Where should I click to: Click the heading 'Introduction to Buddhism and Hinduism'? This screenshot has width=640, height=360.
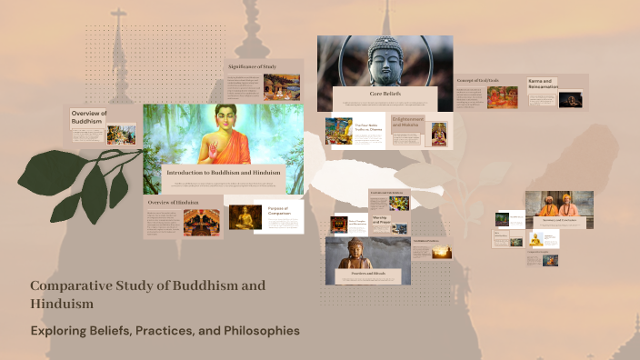pos(224,171)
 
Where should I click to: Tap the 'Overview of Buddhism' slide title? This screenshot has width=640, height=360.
pos(89,116)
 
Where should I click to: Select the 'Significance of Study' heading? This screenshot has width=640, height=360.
pos(252,67)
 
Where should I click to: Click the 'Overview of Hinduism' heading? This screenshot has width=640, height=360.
pos(173,201)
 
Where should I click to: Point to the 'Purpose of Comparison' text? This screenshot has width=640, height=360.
pos(277,213)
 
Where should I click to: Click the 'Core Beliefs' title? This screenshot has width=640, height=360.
pos(385,94)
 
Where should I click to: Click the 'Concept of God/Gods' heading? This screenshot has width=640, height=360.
pos(479,81)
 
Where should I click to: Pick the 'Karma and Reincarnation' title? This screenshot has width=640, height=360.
pos(541,85)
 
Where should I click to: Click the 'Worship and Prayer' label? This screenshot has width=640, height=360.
pos(381,221)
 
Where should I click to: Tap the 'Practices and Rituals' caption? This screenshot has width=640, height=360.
pos(367,273)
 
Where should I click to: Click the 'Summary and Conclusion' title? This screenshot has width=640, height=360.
pos(559,220)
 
